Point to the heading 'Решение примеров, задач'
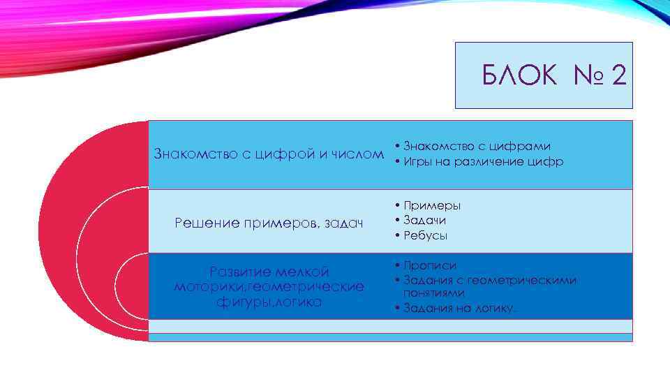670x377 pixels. tap(269, 223)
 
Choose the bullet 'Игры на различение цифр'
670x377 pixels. tap(482, 162)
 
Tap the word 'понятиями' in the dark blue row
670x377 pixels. tap(434, 293)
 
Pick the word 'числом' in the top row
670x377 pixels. tap(360, 154)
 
